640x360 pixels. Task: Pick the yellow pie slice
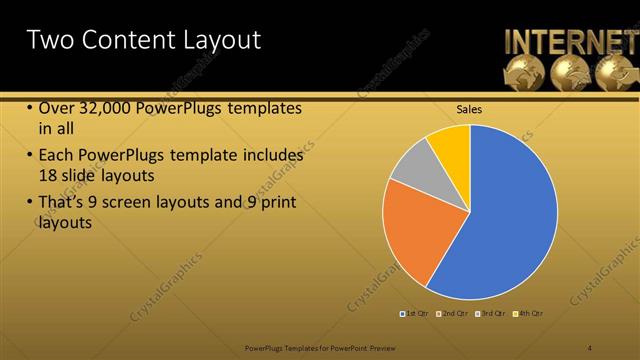coord(451,145)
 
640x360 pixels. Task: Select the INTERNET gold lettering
coord(570,41)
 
